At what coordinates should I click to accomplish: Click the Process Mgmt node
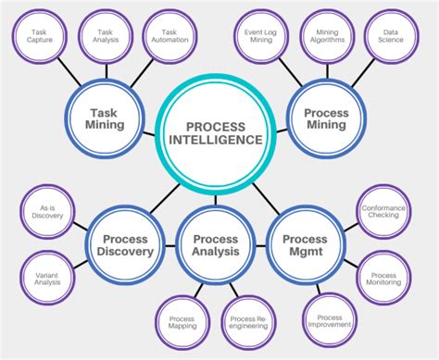click(305, 245)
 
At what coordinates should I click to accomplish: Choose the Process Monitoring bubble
click(383, 277)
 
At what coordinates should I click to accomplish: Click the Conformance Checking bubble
click(383, 215)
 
